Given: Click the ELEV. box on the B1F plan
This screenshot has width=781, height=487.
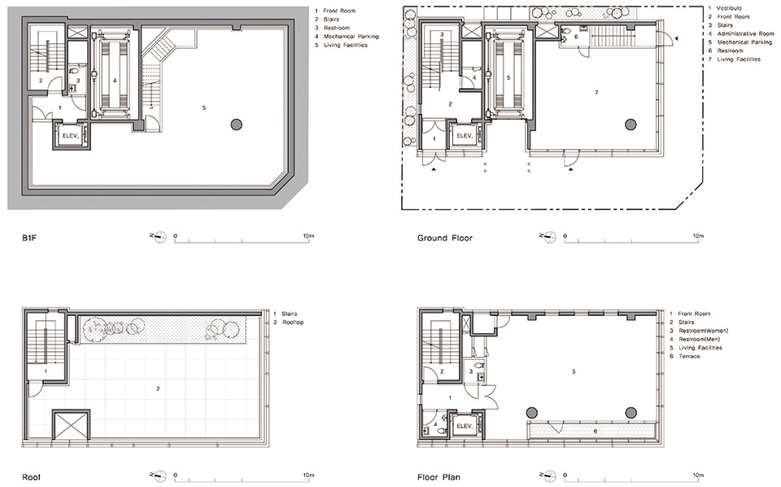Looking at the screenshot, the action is pyautogui.click(x=72, y=135).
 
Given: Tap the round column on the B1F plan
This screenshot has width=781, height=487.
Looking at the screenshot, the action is pyautogui.click(x=236, y=124).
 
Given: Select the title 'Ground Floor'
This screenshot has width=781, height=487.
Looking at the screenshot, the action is pyautogui.click(x=445, y=239).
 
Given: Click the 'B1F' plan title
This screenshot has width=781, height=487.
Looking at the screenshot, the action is pyautogui.click(x=30, y=239).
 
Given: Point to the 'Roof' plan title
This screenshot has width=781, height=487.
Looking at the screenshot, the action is pyautogui.click(x=32, y=477).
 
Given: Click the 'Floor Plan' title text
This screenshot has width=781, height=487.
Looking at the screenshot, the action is pyautogui.click(x=438, y=477).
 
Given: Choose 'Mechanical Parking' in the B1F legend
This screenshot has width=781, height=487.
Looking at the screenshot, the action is pyautogui.click(x=351, y=37).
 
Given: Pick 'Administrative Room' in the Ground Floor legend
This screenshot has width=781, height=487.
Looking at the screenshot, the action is pyautogui.click(x=746, y=34).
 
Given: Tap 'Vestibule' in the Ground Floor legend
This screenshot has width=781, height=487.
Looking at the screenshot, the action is pyautogui.click(x=729, y=8).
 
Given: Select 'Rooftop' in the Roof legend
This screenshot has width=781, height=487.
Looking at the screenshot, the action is pyautogui.click(x=293, y=322).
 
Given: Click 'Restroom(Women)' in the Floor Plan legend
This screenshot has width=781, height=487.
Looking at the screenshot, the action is pyautogui.click(x=703, y=331).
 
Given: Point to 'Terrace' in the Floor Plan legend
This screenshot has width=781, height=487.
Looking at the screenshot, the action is pyautogui.click(x=689, y=357).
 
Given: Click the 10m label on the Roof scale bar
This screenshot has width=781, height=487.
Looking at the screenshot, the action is pyautogui.click(x=308, y=476).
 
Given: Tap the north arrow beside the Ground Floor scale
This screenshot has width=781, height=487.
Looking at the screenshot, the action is pyautogui.click(x=547, y=237).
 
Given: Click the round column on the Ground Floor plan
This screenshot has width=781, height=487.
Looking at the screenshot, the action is pyautogui.click(x=630, y=124).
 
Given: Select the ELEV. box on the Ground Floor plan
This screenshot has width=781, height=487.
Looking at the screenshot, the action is pyautogui.click(x=465, y=135).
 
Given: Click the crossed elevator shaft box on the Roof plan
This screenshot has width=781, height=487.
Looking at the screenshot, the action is pyautogui.click(x=71, y=424).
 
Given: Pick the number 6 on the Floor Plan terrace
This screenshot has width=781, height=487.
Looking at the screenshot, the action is pyautogui.click(x=596, y=431).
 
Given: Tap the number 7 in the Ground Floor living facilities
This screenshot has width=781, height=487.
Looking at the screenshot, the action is pyautogui.click(x=596, y=93).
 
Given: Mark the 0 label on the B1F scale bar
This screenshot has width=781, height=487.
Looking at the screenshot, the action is pyautogui.click(x=175, y=236).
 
